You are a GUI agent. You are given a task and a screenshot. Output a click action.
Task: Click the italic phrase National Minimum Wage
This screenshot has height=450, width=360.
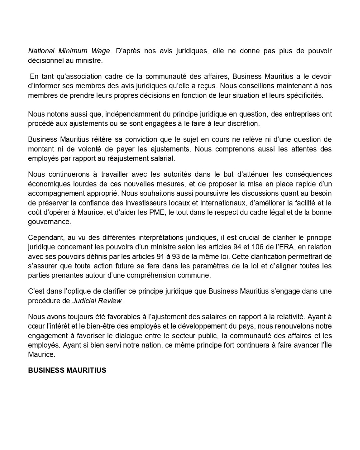(69, 51)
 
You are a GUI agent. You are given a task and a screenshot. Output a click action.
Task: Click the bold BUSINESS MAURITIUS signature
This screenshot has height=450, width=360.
(67, 370)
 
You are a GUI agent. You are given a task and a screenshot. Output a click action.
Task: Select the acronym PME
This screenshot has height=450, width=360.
(158, 212)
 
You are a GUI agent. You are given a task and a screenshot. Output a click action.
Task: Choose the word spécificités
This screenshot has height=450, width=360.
(303, 95)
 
